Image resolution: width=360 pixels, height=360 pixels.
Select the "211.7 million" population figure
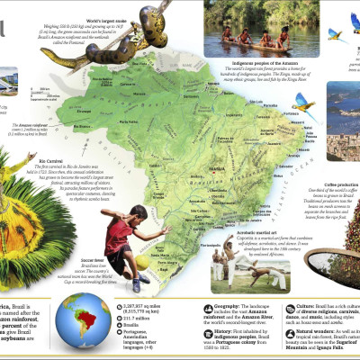click(134, 316)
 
